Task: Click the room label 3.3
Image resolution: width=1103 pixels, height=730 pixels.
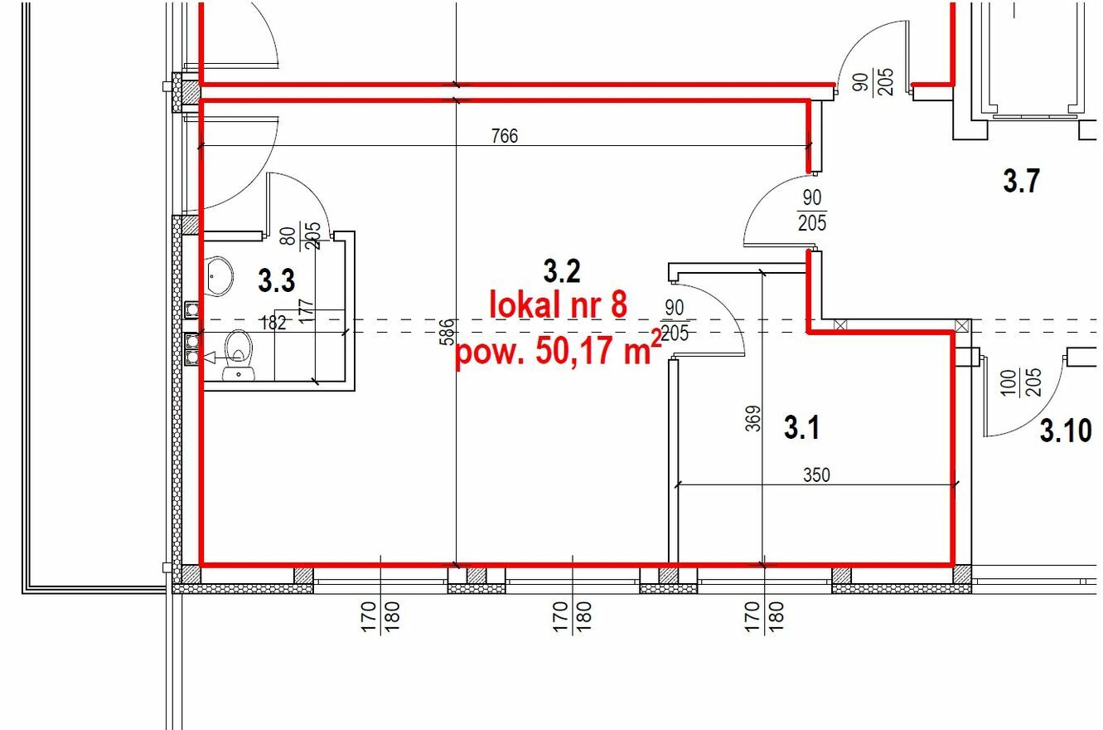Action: click(276, 280)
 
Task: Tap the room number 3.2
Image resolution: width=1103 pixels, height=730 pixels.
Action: click(562, 271)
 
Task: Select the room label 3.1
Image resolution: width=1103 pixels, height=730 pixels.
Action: click(801, 427)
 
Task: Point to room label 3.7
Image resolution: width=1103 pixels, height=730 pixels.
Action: click(1021, 180)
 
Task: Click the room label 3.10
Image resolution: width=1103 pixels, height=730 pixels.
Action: click(1066, 431)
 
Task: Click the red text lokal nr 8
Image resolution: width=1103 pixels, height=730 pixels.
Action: click(558, 304)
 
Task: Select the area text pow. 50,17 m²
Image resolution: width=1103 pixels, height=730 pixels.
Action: click(559, 351)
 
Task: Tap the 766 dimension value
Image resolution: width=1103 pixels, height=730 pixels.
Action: click(505, 136)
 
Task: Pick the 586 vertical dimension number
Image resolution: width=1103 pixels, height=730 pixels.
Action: click(447, 332)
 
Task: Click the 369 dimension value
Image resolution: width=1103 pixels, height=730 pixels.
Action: click(753, 418)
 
